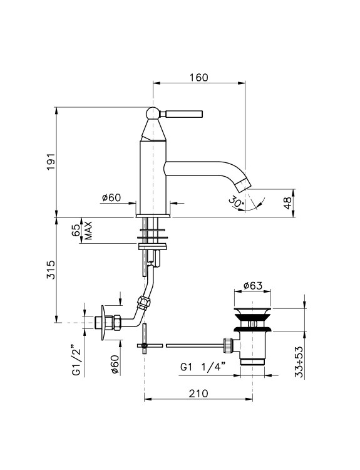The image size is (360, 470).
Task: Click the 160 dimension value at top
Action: [x=198, y=77]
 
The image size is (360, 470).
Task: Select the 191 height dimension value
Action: [x=51, y=161]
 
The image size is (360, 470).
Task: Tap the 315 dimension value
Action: [x=51, y=269]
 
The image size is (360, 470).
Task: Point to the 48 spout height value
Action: [x=287, y=203]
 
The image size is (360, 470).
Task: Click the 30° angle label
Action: [x=237, y=201]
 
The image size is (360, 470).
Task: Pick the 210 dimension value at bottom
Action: [x=198, y=394]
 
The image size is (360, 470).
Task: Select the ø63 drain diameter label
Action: [x=252, y=286]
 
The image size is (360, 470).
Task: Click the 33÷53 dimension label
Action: [x=299, y=362]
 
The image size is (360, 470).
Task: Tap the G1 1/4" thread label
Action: [x=202, y=367]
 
